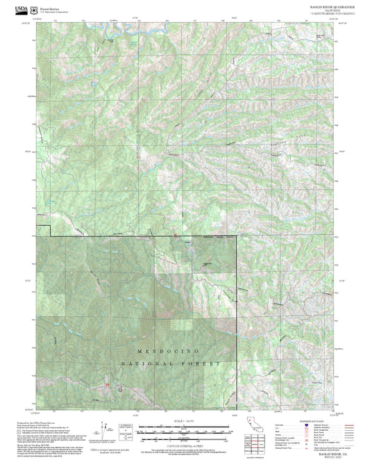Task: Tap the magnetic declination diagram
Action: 126,429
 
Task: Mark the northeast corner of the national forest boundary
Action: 237,236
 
